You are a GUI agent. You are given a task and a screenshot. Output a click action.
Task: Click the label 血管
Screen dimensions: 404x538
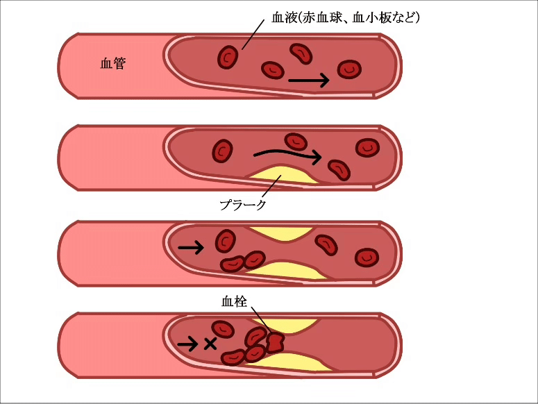(x=112, y=65)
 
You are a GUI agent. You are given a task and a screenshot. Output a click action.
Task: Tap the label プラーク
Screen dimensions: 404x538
(x=243, y=205)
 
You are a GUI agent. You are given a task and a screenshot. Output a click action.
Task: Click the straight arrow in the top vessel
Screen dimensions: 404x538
(x=308, y=81)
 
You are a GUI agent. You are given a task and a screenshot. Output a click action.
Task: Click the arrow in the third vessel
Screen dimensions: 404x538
(x=191, y=247)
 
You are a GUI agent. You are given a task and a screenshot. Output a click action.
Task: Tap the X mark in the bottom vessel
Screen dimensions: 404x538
(x=210, y=343)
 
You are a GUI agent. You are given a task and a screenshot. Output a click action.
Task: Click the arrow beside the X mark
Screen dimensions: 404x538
(x=187, y=343)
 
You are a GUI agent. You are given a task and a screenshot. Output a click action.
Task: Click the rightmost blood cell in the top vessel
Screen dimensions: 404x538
(x=349, y=69)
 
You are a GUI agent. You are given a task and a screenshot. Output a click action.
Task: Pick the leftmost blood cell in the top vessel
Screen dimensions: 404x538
(x=227, y=57)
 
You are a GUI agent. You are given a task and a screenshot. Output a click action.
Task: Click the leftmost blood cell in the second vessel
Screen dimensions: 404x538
(x=222, y=150)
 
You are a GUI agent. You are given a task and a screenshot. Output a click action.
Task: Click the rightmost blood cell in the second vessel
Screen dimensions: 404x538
(x=367, y=147)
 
